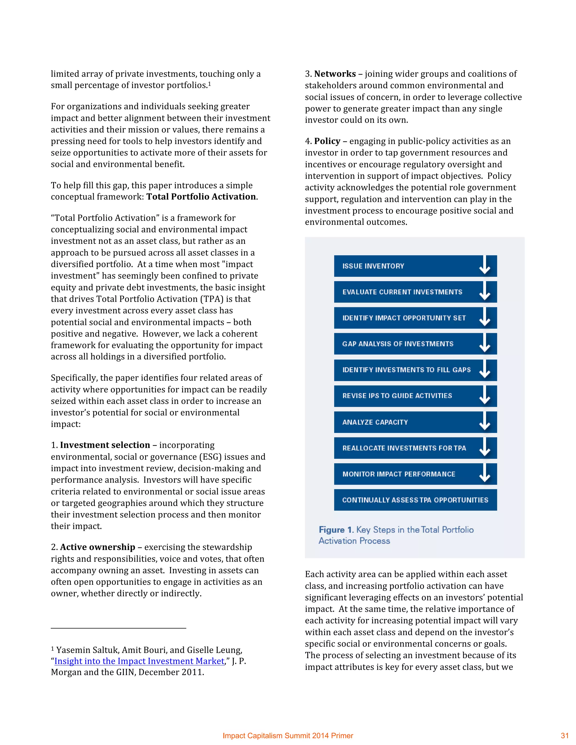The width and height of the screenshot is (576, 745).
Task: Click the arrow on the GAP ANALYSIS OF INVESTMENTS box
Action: click(485, 344)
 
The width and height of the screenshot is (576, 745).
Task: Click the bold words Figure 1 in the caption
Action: click(336, 530)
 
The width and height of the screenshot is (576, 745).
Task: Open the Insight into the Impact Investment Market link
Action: click(139, 661)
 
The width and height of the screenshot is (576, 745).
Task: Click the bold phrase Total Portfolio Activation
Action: click(201, 197)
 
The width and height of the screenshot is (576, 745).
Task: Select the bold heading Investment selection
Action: click(105, 445)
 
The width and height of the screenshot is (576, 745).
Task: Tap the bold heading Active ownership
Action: click(98, 547)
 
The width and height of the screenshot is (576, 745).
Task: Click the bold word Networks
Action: click(335, 74)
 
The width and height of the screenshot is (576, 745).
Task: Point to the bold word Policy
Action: click(327, 141)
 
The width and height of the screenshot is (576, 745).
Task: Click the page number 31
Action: click(564, 736)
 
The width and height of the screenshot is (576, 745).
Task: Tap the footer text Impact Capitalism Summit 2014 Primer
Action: click(288, 736)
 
